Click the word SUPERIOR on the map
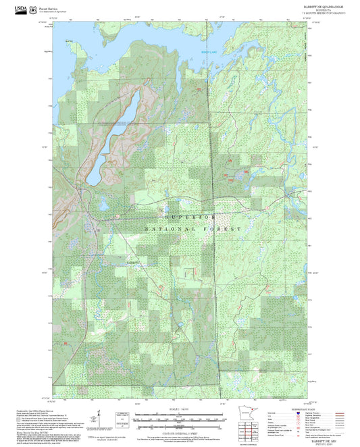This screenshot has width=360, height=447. [x=190, y=217]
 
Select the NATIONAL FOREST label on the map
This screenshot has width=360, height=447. [x=192, y=230]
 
